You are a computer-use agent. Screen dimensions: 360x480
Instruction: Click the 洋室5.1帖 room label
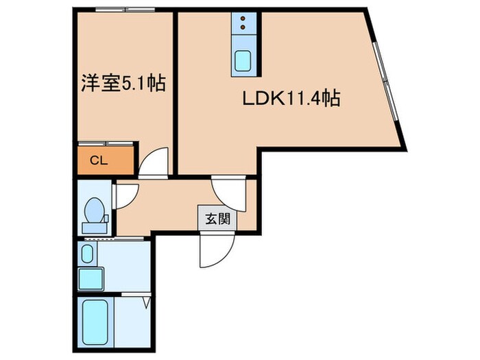tap(122, 84)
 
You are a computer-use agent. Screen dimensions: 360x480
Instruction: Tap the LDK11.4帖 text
tap(291, 99)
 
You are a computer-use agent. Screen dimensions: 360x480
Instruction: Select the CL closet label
tap(99, 160)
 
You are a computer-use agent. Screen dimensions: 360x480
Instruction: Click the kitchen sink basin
tap(243, 60)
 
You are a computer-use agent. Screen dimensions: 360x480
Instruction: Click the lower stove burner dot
tap(243, 30)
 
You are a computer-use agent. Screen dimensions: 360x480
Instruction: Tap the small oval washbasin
tap(86, 254)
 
